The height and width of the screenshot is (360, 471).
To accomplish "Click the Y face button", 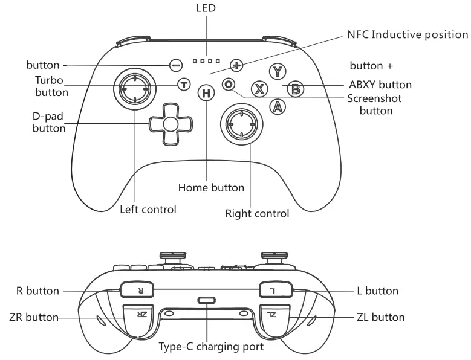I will click(278, 72).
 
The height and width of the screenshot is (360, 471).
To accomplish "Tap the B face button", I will click(295, 89).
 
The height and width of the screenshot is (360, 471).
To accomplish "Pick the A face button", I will click(278, 107).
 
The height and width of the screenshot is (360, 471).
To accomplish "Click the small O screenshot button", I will click(228, 85).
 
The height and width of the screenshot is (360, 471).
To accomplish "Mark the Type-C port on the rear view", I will click(207, 301).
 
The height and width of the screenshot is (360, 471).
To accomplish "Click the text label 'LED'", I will click(206, 8).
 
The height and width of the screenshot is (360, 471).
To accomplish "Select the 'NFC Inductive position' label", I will click(408, 34).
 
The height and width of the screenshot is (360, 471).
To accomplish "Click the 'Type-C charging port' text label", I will click(211, 347).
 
